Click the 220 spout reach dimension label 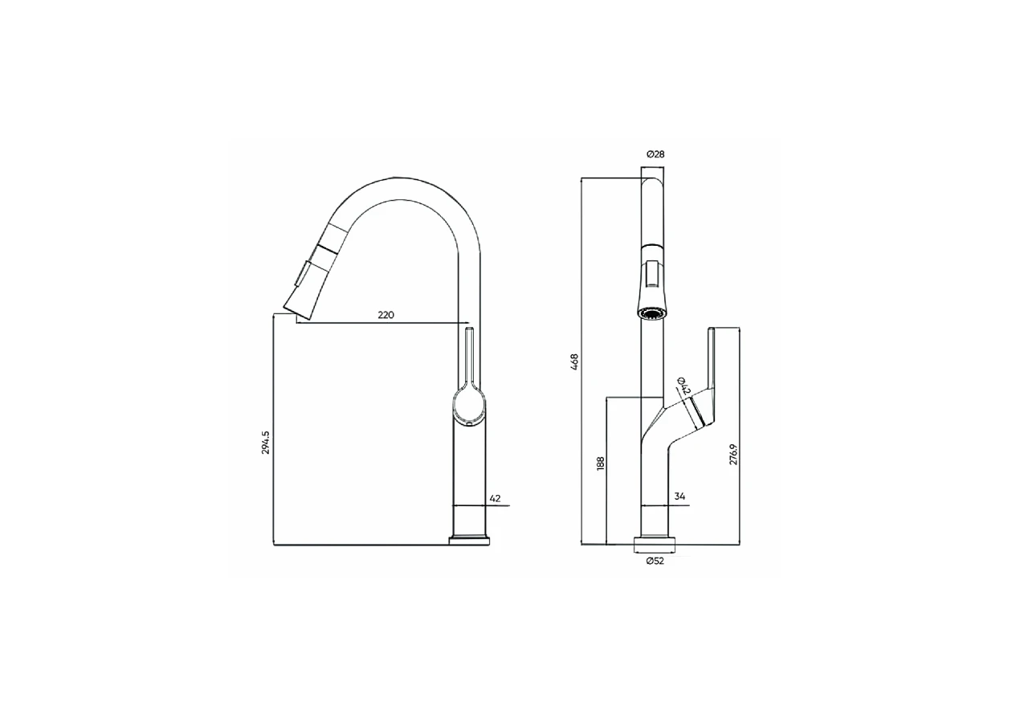pyautogui.click(x=386, y=315)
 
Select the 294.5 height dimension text pyautogui.click(x=265, y=443)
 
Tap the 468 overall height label pyautogui.click(x=574, y=362)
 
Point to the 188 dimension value pyautogui.click(x=600, y=464)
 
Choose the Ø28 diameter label pyautogui.click(x=655, y=154)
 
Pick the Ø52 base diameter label pyautogui.click(x=655, y=562)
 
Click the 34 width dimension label pyautogui.click(x=679, y=496)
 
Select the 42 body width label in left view pyautogui.click(x=495, y=498)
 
